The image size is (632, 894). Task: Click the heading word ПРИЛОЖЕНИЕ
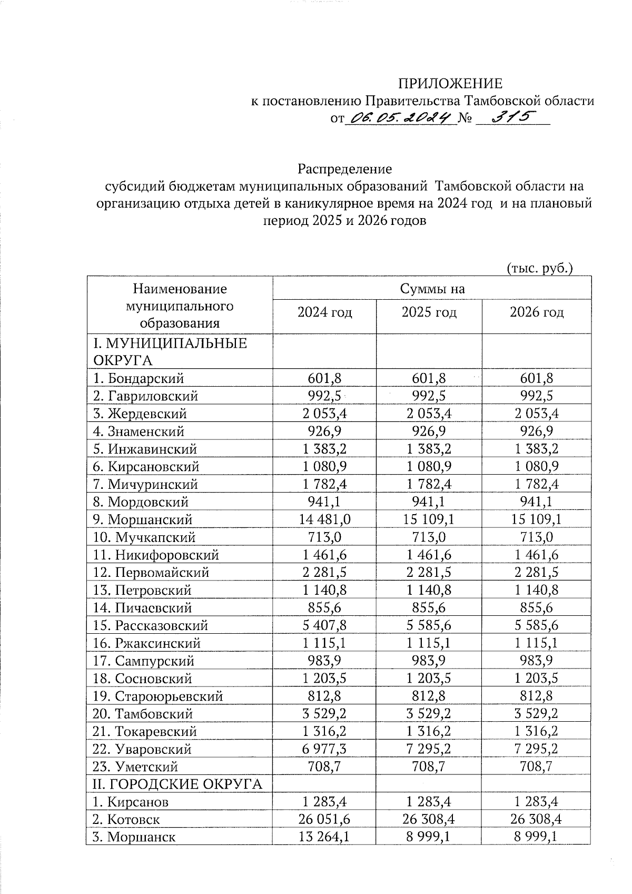click(450, 84)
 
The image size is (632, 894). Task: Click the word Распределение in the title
click(345, 169)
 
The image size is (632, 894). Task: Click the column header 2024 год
click(324, 312)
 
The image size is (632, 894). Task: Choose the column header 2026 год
click(537, 312)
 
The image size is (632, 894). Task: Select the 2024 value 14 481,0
click(324, 519)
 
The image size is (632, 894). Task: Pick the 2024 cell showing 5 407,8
click(324, 625)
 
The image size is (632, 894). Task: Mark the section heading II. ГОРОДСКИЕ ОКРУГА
click(177, 784)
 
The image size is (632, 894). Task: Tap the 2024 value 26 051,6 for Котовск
click(324, 819)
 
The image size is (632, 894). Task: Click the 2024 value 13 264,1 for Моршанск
click(324, 837)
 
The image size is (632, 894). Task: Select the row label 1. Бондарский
click(139, 378)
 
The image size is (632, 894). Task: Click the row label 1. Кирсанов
click(131, 802)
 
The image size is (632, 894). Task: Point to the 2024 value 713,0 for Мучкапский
click(324, 537)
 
